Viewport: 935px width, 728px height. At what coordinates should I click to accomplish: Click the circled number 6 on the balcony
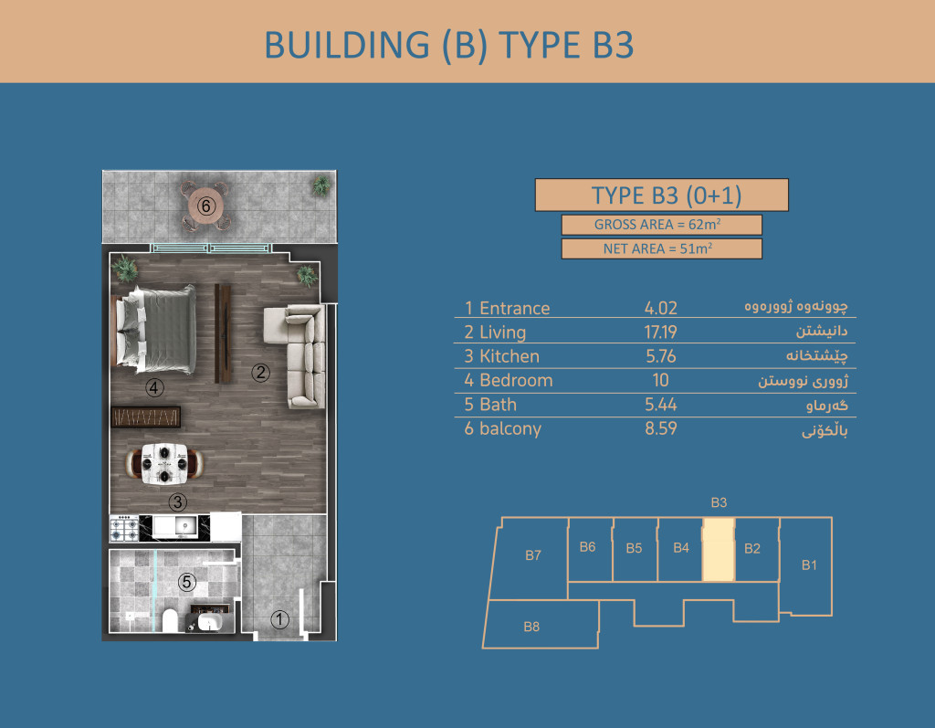point(205,206)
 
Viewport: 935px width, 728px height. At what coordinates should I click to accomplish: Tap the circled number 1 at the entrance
point(279,619)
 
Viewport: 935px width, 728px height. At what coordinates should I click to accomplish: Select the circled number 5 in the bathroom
point(186,582)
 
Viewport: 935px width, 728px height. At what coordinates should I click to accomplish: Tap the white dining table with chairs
point(164,464)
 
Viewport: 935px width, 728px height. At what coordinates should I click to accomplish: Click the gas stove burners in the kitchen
point(124,529)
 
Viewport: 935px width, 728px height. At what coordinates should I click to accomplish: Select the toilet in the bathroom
point(170,620)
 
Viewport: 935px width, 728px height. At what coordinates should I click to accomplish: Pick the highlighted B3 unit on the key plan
point(719,550)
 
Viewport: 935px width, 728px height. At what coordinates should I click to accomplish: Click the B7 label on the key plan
point(533,555)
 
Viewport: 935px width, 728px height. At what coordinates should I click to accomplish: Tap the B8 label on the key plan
point(531,627)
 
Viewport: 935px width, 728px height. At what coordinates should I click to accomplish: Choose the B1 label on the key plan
point(809,565)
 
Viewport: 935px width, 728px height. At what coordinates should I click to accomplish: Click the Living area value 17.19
point(661,332)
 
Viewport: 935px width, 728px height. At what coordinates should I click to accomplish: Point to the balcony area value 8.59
point(661,428)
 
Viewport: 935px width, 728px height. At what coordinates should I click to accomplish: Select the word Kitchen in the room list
point(510,356)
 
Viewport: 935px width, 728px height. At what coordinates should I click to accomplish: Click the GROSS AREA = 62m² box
point(661,225)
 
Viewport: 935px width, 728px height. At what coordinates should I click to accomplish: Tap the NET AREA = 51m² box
point(661,248)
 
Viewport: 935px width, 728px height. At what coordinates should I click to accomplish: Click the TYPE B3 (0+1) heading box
point(661,195)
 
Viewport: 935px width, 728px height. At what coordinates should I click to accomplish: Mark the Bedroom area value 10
point(661,380)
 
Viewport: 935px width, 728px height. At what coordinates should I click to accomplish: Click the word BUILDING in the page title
point(347,46)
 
